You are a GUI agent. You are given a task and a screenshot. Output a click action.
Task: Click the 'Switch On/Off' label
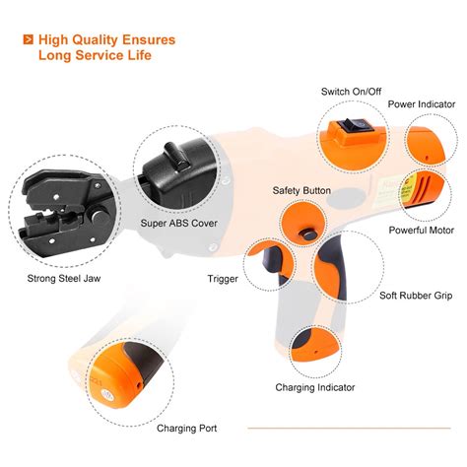[x=351, y=92]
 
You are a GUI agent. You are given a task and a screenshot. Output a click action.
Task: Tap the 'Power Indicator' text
[x=420, y=103]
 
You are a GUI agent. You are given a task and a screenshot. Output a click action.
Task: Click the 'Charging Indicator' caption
[x=314, y=387]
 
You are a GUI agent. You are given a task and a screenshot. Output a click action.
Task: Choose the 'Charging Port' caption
[x=186, y=429]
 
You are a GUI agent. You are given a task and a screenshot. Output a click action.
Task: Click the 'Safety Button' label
[x=301, y=190]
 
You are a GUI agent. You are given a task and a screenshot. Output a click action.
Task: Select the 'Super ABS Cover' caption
[x=180, y=224]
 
